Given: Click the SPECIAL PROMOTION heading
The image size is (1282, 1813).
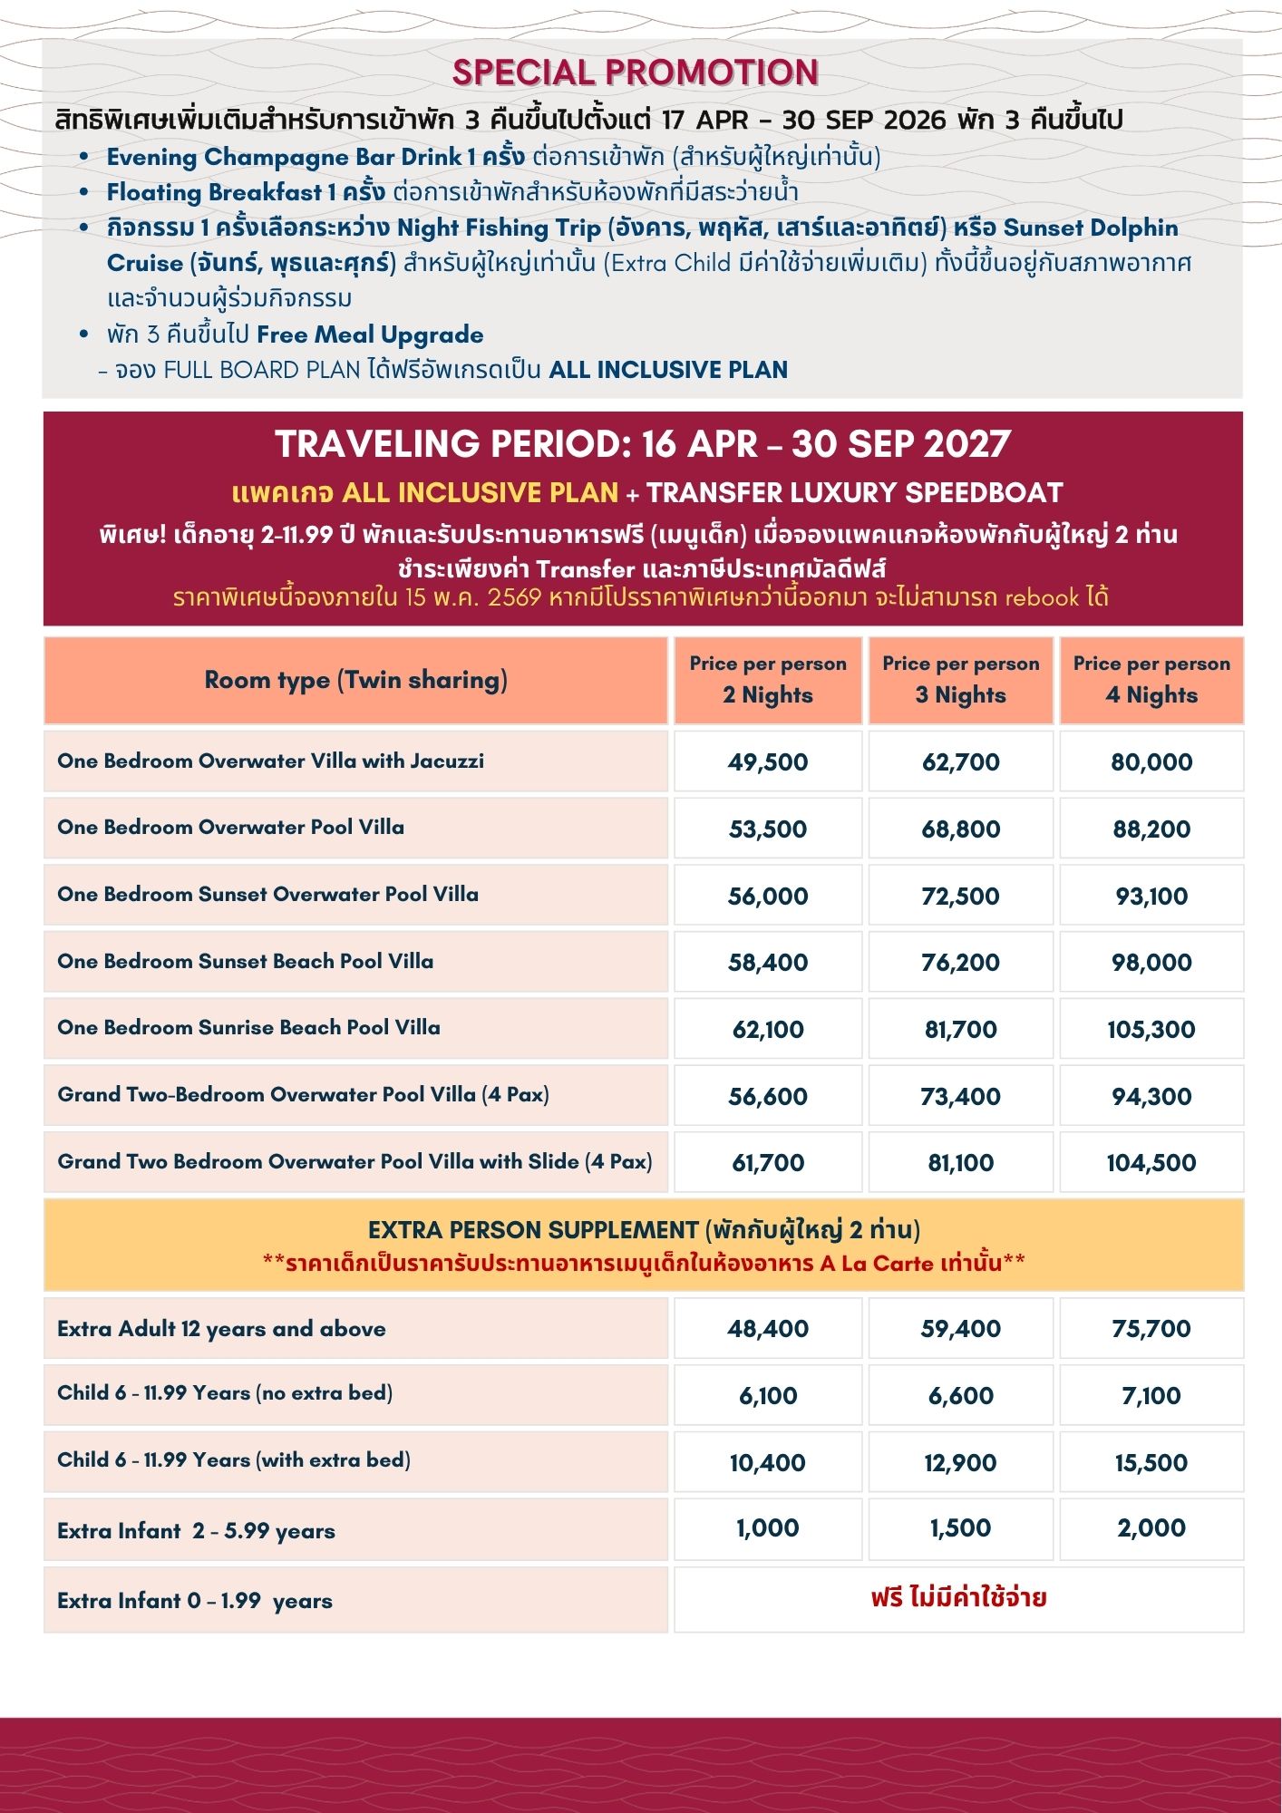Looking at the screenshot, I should pos(635,73).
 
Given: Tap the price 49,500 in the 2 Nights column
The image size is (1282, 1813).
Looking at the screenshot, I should pos(767,761).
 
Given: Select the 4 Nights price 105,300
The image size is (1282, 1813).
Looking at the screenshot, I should pos(1151,1029).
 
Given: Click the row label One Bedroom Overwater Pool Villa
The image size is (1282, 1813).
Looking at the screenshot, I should pos(230,827).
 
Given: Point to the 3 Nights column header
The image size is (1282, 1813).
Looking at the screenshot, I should pos(960,680).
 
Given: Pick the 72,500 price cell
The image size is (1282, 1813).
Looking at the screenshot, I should pos(960,896).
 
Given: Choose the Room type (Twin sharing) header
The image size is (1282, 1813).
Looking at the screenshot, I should pos(355,680).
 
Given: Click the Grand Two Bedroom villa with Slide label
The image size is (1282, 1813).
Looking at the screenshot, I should pos(354,1161).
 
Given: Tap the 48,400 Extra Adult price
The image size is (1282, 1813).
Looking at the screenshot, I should pos(767,1329).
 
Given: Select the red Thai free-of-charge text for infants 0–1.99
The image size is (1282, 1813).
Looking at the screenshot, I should pos(958,1597).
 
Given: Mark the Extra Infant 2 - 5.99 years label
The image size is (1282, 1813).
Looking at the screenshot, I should pos(196,1531).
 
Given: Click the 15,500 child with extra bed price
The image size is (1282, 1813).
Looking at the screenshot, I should pos(1151,1462).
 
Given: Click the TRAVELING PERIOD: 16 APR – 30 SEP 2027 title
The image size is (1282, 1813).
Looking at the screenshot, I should pos(642,444).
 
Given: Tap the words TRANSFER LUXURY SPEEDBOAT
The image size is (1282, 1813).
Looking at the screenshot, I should pos(854,492).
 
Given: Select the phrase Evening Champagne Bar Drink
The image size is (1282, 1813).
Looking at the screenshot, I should pos(284,157).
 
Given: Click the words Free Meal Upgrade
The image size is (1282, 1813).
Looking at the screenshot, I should pos(370,334).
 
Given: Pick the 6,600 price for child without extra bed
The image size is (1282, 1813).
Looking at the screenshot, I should pos(960,1395).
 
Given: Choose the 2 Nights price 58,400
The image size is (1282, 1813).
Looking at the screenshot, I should pos(767,962).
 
